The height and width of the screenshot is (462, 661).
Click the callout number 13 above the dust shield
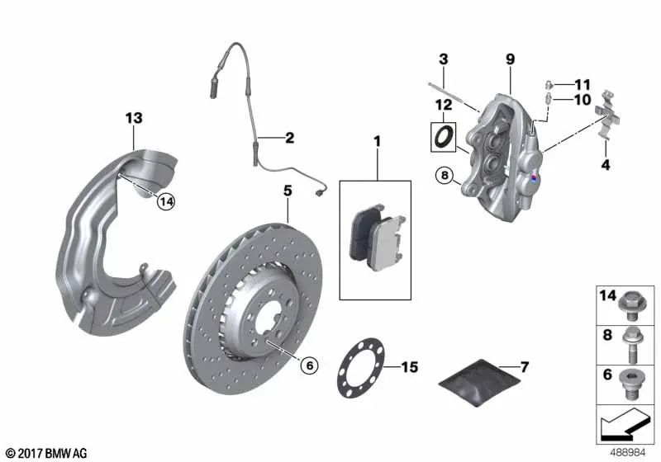[134, 119]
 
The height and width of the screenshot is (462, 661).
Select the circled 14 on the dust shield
[167, 200]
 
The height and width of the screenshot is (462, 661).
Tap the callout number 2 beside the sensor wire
[289, 138]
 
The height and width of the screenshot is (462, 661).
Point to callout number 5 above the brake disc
[288, 191]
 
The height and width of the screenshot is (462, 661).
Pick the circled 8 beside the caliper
[445, 175]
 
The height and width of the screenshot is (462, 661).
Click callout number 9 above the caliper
[511, 59]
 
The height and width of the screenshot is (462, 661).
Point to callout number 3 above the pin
[443, 59]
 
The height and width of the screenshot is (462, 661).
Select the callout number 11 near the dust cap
[583, 84]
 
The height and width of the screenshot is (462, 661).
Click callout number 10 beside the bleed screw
[583, 101]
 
